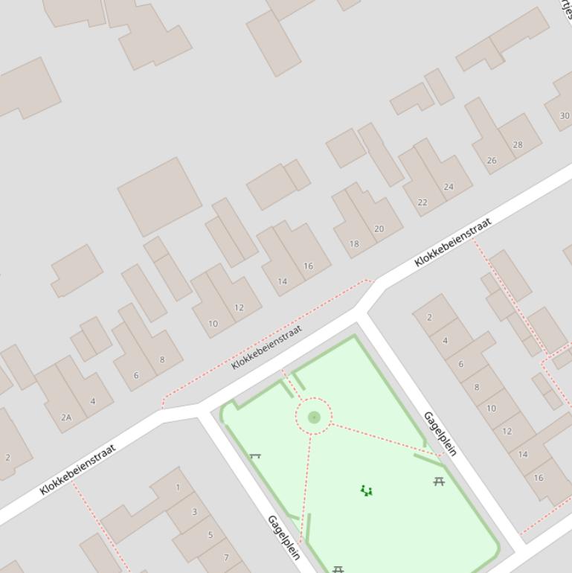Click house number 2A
66,417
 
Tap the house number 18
354,243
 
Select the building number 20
379,228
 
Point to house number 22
422,202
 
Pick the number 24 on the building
448,187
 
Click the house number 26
491,160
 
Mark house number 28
517,144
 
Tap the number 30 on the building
564,115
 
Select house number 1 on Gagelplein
178,487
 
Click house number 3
195,511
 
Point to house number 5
211,534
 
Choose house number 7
226,557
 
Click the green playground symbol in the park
366,490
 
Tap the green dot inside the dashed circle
314,417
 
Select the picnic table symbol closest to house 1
255,455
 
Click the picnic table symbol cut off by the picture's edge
338,569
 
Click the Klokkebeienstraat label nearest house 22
453,242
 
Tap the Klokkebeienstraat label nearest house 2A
78,469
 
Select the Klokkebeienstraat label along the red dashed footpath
266,346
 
